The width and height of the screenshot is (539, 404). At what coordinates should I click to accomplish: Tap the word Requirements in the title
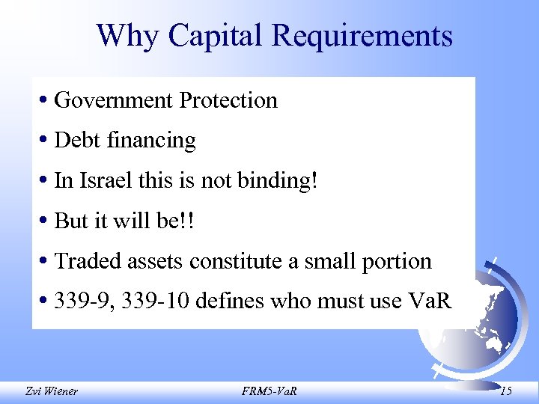pyautogui.click(x=362, y=35)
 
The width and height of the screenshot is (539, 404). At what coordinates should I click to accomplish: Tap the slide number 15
pyautogui.click(x=506, y=391)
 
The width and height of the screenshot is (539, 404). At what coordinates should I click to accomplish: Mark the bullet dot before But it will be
pyautogui.click(x=46, y=221)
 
